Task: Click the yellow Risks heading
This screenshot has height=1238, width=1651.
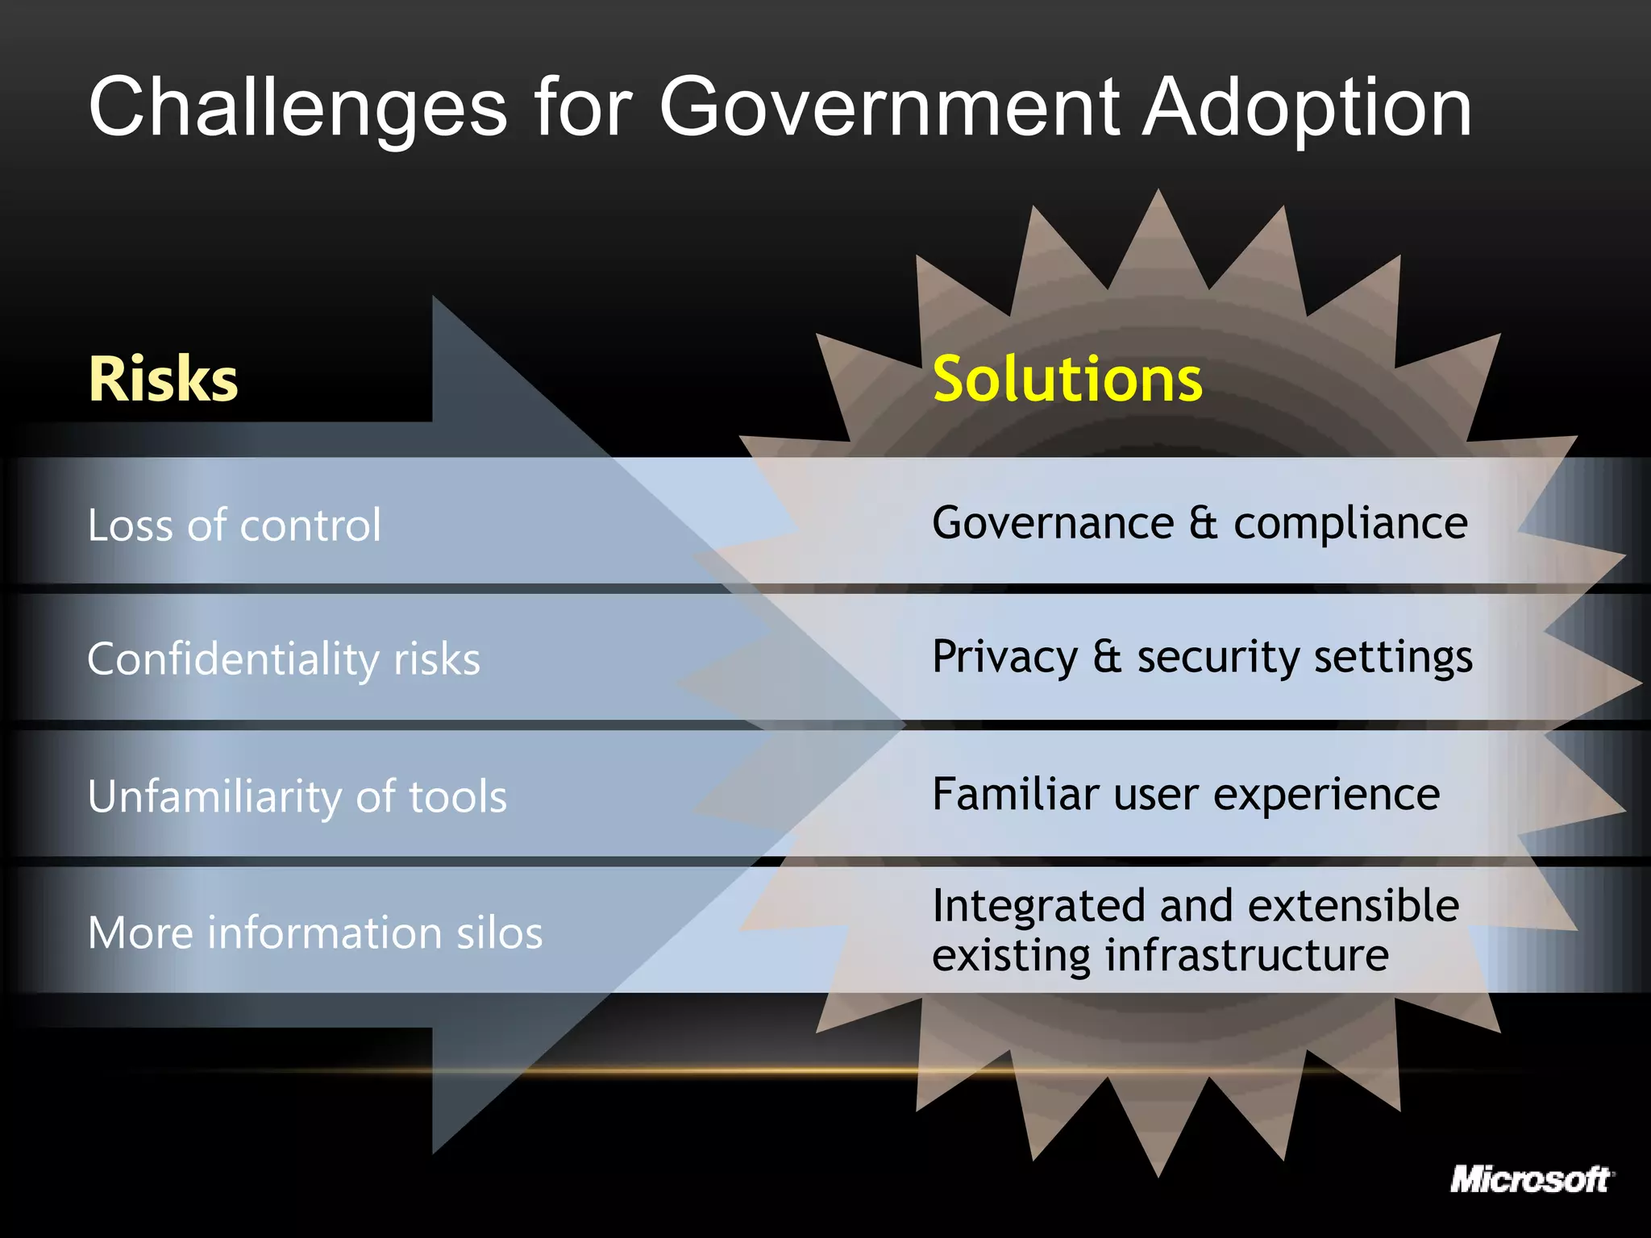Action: (x=164, y=379)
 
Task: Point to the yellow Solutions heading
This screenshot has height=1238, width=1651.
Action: (x=1067, y=379)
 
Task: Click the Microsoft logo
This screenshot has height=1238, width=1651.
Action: (x=1530, y=1180)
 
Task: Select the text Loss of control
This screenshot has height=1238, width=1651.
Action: (x=234, y=526)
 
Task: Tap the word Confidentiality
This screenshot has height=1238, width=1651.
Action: (x=233, y=659)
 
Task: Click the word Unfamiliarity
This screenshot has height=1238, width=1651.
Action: (x=214, y=796)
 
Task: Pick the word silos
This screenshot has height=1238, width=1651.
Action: (x=500, y=933)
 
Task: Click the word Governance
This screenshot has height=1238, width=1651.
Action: (x=1053, y=523)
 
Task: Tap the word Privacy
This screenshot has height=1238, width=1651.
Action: (x=1004, y=657)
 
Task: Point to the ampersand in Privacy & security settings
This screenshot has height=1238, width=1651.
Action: (x=1108, y=656)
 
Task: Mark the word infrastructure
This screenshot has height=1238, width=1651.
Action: (x=1246, y=955)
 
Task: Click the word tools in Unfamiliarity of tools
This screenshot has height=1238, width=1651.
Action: (x=458, y=796)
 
